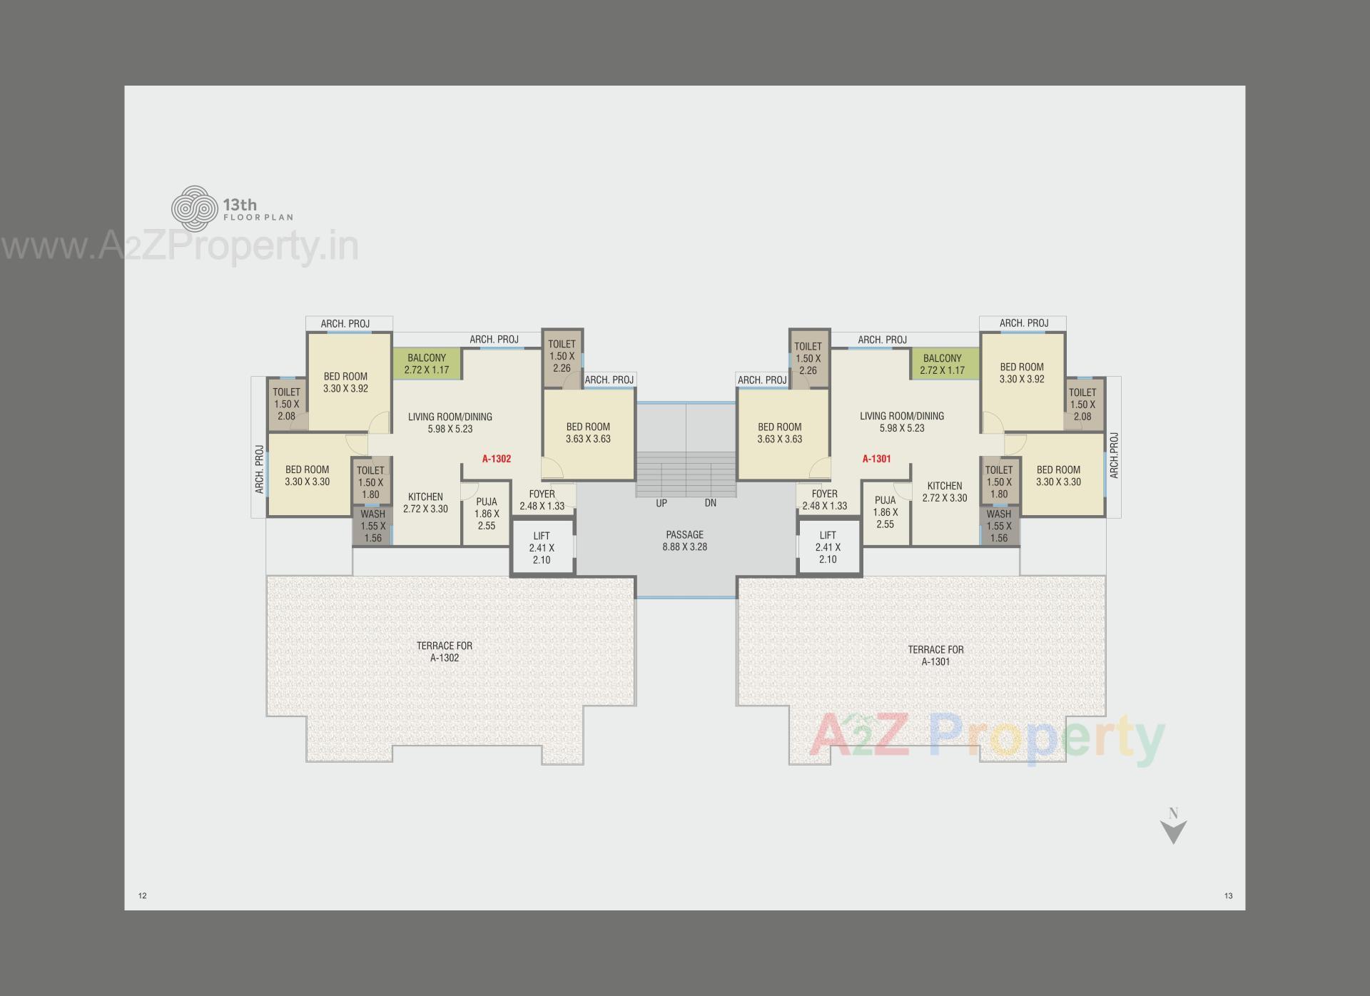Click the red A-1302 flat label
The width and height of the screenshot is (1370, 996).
coord(496,459)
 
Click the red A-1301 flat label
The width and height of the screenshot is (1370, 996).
coord(876,459)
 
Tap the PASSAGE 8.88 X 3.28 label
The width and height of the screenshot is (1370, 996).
coord(684,541)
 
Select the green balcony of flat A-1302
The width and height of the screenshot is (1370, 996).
coord(427,364)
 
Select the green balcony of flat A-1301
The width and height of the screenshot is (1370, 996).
coord(942,364)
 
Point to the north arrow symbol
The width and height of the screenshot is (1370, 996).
coord(1173,828)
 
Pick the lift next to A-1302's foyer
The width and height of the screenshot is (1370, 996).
coord(542,548)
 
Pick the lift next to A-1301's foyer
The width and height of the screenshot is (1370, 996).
coord(828,548)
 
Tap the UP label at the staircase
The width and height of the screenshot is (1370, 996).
coord(661,503)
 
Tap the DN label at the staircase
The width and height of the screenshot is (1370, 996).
coord(710,503)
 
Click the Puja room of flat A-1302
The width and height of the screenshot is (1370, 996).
coord(486,514)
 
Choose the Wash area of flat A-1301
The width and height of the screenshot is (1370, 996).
coord(998,526)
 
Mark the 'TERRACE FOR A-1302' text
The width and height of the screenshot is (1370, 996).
coord(444,651)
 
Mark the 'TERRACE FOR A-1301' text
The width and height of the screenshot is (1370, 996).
coord(935,655)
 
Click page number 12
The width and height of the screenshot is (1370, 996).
coord(143,895)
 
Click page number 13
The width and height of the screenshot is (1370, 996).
coord(1228,895)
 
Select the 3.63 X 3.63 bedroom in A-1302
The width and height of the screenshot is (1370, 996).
coord(588,433)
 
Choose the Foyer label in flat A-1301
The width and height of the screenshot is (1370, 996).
coord(824,499)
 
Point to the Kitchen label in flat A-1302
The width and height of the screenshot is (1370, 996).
coord(425,502)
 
